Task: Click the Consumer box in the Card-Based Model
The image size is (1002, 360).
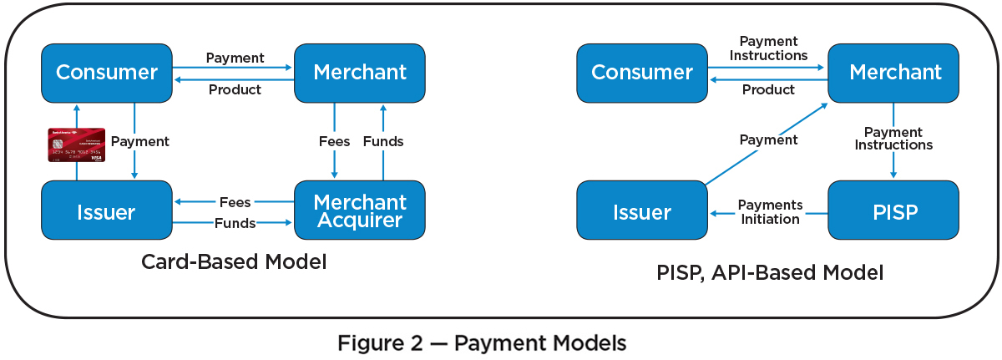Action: [107, 72]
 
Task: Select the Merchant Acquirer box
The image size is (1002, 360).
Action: [360, 210]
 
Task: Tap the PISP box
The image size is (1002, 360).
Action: [894, 211]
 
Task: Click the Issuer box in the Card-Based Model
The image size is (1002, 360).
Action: [107, 211]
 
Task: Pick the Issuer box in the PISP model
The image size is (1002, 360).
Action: [642, 211]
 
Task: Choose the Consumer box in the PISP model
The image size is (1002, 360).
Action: [642, 72]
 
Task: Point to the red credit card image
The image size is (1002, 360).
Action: [76, 145]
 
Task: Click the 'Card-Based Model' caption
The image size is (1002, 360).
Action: [234, 261]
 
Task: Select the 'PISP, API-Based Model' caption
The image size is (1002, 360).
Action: [769, 271]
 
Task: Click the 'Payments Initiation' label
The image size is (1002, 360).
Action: [770, 212]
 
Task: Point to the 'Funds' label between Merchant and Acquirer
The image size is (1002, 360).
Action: [383, 141]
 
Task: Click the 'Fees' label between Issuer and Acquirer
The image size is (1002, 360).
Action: [235, 202]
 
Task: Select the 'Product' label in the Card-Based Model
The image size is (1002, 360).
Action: [235, 89]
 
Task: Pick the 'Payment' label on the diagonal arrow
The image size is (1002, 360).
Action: [768, 139]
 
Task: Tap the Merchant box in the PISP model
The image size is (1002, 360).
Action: [894, 72]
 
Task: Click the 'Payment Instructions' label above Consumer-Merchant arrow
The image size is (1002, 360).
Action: [768, 48]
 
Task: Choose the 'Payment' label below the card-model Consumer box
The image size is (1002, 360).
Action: [139, 141]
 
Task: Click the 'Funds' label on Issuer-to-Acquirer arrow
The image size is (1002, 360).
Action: [235, 223]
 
